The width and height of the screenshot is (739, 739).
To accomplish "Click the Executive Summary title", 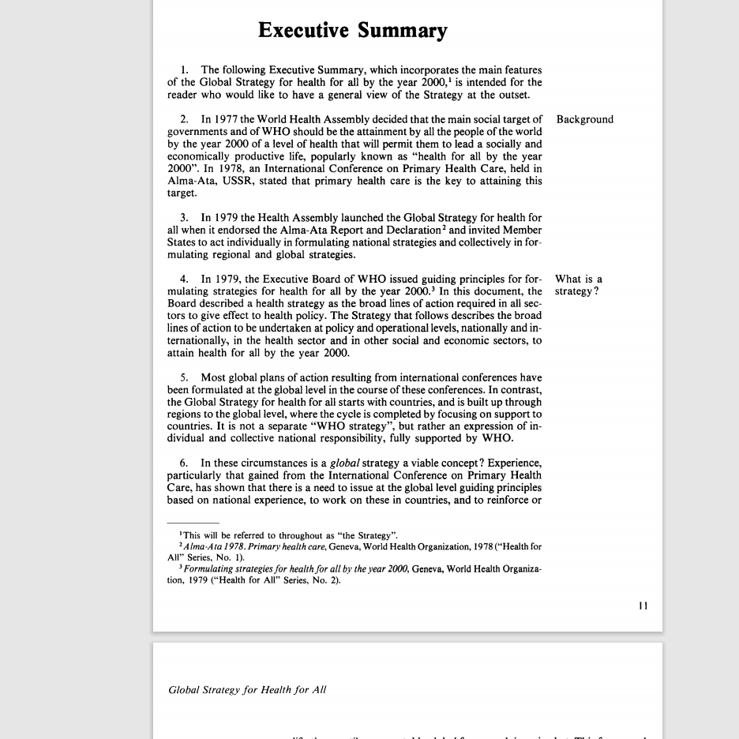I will (x=352, y=31).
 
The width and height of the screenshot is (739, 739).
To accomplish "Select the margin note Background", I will (x=584, y=120).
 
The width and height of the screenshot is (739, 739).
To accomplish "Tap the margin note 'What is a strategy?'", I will (x=578, y=285).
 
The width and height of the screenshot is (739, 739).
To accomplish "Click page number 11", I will (x=643, y=606).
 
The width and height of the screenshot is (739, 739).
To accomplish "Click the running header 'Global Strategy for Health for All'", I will (x=247, y=690).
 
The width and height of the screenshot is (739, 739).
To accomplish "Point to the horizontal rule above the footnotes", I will (x=193, y=523).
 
